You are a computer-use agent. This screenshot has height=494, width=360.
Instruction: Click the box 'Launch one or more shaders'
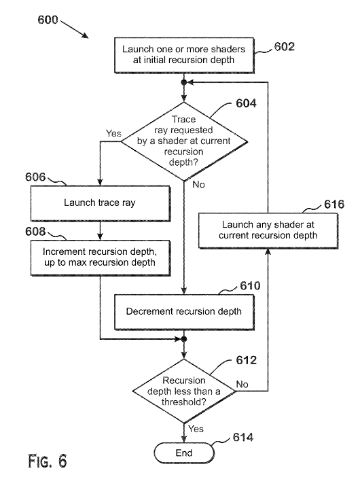coord(184,56)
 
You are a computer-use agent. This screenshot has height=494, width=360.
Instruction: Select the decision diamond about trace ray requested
coord(184,141)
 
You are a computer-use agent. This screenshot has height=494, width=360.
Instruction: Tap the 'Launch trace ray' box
coord(101,203)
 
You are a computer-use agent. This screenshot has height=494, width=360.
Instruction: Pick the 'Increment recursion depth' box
coord(101,258)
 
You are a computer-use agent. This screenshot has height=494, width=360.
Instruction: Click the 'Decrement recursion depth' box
coord(184,312)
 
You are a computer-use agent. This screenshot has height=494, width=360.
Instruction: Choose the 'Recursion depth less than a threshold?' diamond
coord(184,391)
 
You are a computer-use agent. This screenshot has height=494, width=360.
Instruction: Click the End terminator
coord(184,453)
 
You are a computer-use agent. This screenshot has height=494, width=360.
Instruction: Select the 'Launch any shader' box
coord(268,231)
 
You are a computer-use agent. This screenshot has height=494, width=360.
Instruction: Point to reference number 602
coord(285,47)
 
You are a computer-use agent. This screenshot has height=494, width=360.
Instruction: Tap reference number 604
coord(247,103)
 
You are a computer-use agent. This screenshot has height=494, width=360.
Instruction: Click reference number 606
coord(35,177)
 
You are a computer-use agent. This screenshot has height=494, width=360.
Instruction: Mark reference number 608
coord(35,232)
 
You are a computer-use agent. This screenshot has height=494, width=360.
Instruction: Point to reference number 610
coord(251,286)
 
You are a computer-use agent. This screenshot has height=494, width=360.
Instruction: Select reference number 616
coord(334,204)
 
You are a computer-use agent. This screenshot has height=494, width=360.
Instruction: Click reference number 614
coord(243,438)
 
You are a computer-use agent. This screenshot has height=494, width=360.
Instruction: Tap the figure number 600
coord(48,20)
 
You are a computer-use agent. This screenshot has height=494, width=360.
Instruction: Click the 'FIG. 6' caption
coord(48,461)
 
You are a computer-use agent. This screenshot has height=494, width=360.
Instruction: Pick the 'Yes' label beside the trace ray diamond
coord(113,133)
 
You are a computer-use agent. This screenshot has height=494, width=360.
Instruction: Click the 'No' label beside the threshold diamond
coord(242,385)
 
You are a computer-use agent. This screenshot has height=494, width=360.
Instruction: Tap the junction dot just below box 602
coord(184,82)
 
